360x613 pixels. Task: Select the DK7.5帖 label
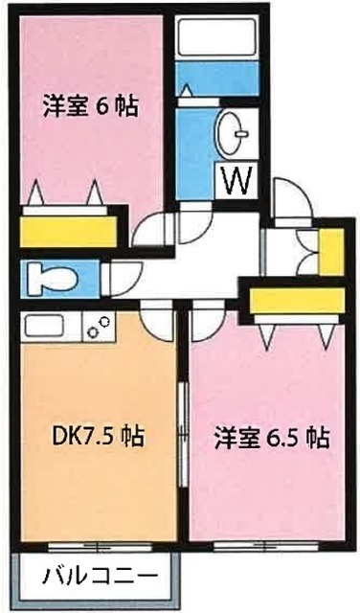pos(99,438)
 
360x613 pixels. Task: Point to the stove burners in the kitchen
pos(97,329)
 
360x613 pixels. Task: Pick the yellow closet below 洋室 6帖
pos(68,231)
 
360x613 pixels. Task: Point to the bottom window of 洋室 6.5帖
pos(265,547)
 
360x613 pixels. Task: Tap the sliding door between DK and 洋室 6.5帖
pos(182,431)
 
